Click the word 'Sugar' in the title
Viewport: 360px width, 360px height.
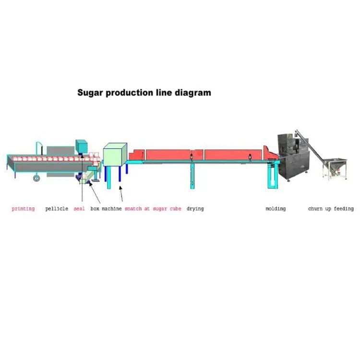(x=90, y=93)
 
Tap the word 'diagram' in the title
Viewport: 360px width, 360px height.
(x=193, y=93)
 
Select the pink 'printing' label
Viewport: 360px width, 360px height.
(x=23, y=209)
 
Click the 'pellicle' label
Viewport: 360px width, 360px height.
(x=57, y=209)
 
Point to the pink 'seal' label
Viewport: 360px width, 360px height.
(x=79, y=209)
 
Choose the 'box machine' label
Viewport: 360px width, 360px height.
(x=106, y=209)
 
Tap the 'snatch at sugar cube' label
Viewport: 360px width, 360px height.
(x=153, y=209)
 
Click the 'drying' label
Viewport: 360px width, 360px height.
(x=195, y=209)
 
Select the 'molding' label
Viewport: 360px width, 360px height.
(x=276, y=209)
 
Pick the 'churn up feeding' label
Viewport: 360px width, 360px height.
(x=331, y=209)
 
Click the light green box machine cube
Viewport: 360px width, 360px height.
(x=115, y=154)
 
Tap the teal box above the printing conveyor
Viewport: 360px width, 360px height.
(x=82, y=146)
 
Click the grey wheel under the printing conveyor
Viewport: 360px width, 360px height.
(x=36, y=178)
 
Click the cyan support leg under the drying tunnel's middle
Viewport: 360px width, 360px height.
(x=192, y=176)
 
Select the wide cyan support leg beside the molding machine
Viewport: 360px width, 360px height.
(x=273, y=176)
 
